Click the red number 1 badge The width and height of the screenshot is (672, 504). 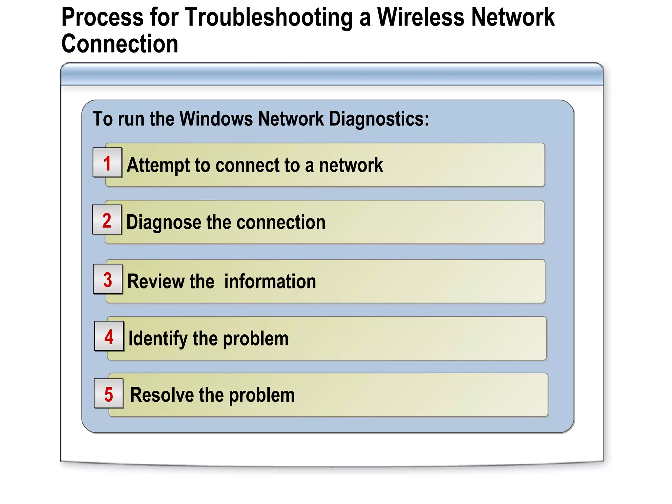[x=107, y=163]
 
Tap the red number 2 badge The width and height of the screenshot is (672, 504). [x=107, y=220]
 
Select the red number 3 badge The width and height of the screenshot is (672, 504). [x=108, y=280]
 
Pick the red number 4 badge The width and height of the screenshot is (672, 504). [x=109, y=337]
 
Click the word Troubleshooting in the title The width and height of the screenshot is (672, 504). [x=269, y=17]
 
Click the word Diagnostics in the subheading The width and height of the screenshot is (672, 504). [x=379, y=118]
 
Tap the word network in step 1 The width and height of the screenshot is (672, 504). [x=351, y=165]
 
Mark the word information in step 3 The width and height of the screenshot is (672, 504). [x=270, y=282]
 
